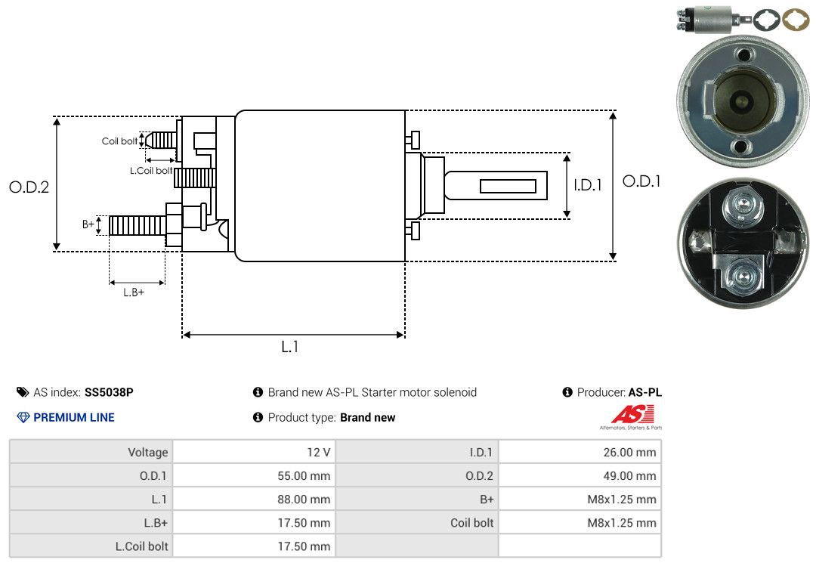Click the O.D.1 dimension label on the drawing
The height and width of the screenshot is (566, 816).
[x=641, y=181]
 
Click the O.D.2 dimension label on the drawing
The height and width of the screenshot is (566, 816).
[x=29, y=187]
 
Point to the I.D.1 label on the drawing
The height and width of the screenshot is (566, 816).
[x=587, y=184]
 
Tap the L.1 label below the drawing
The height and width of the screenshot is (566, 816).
[x=290, y=347]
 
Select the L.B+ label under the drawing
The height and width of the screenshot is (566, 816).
[x=134, y=292]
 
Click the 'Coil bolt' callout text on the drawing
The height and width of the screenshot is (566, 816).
[x=119, y=141]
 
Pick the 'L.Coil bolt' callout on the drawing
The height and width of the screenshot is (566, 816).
[x=151, y=171]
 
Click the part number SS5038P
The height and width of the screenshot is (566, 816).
[x=109, y=392]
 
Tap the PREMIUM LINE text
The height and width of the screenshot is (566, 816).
[x=74, y=417]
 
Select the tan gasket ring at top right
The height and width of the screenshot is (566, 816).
[x=796, y=19]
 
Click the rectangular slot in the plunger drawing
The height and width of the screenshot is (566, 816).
[x=508, y=186]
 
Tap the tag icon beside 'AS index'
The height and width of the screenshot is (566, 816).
[x=23, y=392]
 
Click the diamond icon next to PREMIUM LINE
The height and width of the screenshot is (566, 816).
[x=23, y=417]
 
